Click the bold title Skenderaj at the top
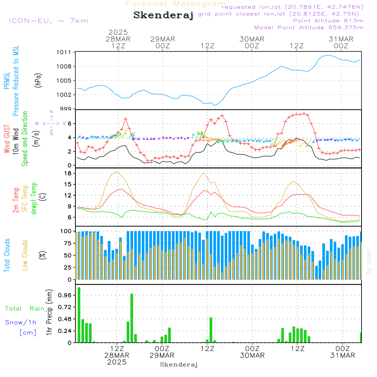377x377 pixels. pyautogui.click(x=163, y=15)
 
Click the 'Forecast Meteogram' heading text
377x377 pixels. pyautogui.click(x=176, y=4)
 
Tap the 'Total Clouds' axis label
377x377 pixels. pyautogui.click(x=6, y=255)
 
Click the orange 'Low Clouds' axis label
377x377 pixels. pyautogui.click(x=25, y=255)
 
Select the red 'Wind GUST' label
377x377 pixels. pyautogui.click(x=6, y=140)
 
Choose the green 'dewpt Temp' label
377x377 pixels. pyautogui.click(x=34, y=198)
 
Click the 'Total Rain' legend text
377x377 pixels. pyautogui.click(x=25, y=308)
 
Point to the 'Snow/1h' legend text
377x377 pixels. pyautogui.click(x=21, y=322)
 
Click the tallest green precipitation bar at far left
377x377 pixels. pyautogui.click(x=79, y=315)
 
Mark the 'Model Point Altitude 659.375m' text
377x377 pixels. pyautogui.click(x=309, y=28)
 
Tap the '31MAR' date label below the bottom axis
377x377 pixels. pyautogui.click(x=342, y=355)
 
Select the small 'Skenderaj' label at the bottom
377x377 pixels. pyautogui.click(x=179, y=365)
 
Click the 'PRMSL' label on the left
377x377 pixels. pyautogui.click(x=6, y=81)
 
